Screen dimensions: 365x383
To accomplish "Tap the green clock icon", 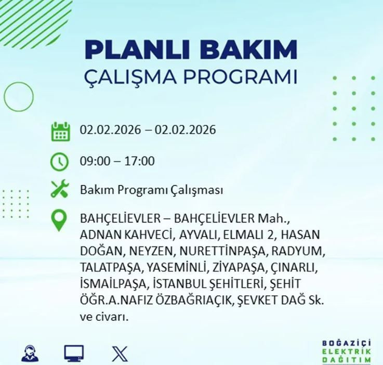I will (60, 161).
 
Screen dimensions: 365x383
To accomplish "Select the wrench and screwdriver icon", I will (60, 190).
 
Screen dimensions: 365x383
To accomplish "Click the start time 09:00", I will (95, 161).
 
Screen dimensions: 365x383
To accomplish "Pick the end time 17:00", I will (139, 161).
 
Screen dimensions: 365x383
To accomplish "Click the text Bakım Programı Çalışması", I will (151, 190).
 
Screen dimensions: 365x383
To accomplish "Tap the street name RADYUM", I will (300, 251).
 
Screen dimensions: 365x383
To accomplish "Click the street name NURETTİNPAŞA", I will (223, 251).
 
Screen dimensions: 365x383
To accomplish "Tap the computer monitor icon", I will (74, 354).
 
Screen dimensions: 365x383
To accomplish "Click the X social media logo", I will (120, 354).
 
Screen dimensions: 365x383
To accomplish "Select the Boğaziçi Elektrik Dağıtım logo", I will (347, 351).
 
